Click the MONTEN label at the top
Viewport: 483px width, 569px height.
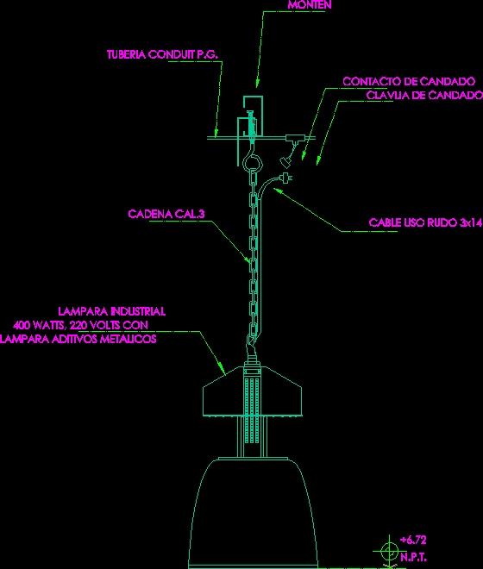[x=310, y=4]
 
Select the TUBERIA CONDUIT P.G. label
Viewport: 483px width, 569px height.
[x=162, y=54]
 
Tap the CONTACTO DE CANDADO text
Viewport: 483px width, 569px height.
[x=409, y=81]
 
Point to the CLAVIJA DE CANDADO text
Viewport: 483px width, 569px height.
[x=424, y=95]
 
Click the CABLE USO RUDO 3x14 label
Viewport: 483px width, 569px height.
[x=425, y=222]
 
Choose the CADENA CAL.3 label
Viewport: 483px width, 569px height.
[x=166, y=214]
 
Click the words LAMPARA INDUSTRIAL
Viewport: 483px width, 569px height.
[x=112, y=311]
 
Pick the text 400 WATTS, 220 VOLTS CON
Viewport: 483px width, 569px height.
[x=80, y=325]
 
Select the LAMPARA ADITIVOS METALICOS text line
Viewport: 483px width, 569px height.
[x=78, y=339]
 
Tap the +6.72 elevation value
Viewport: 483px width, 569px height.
[x=413, y=540]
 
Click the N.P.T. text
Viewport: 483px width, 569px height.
[x=414, y=557]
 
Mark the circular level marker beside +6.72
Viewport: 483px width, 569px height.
[x=389, y=552]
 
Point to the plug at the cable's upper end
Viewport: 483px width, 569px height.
[x=286, y=178]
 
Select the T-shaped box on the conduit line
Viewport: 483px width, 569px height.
[x=295, y=138]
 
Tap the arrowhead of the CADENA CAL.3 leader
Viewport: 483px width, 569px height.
[x=248, y=259]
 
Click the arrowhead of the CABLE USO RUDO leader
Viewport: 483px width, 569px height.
[x=278, y=191]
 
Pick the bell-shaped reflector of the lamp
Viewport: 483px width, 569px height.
[x=253, y=512]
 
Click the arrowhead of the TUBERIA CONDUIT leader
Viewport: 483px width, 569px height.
[x=216, y=133]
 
